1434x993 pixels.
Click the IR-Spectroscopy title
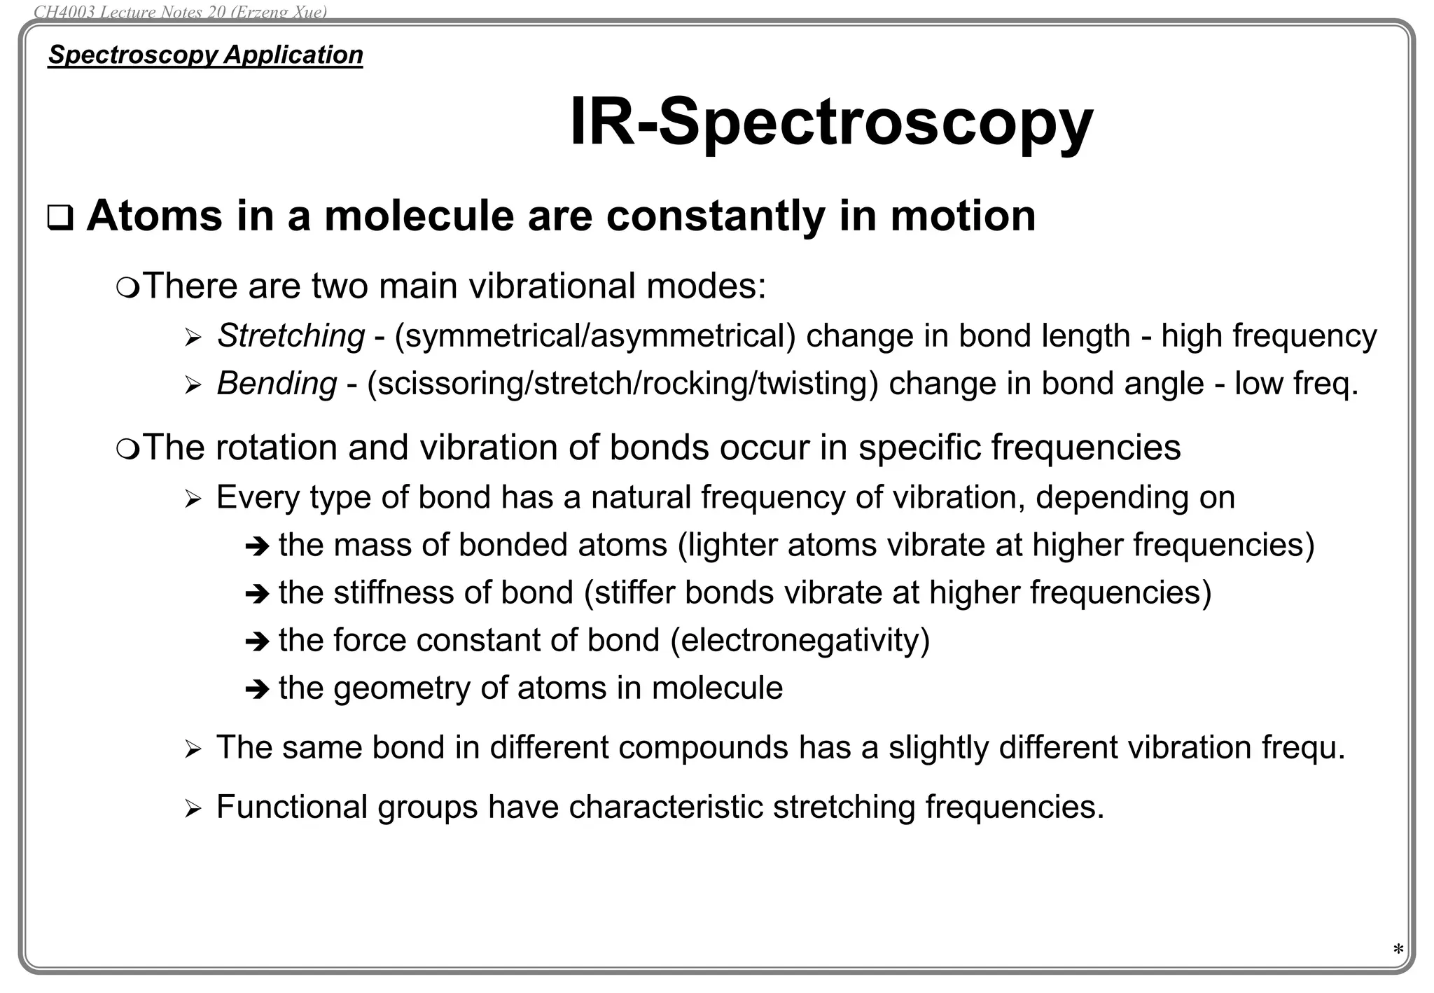831,122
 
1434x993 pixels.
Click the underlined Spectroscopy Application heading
205,55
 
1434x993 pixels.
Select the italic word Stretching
291,335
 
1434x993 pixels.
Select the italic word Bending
277,383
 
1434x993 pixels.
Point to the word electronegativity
800,640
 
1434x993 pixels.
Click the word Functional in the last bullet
291,807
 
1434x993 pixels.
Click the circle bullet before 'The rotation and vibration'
127,448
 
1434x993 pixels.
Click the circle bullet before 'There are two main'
127,287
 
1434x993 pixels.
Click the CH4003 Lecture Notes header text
180,12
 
